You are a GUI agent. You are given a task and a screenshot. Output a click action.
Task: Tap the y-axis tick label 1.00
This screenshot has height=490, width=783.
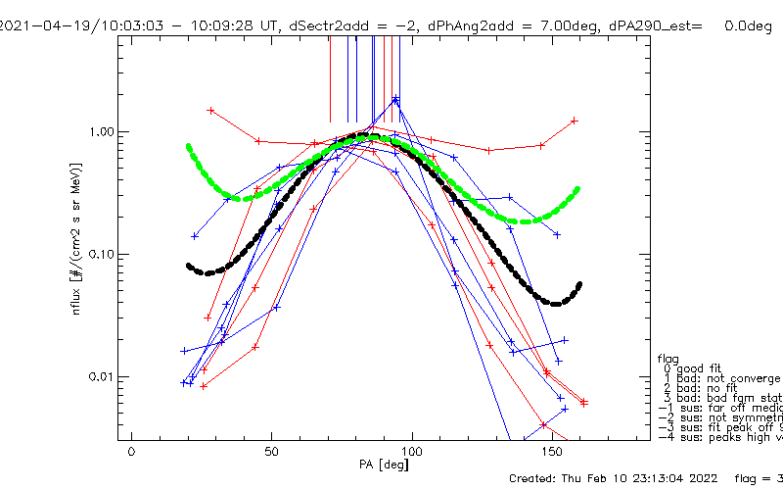[101, 131]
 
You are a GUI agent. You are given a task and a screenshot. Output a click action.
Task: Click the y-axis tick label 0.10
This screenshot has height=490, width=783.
[101, 254]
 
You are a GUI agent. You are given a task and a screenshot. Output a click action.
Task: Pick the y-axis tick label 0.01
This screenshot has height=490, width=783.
[101, 376]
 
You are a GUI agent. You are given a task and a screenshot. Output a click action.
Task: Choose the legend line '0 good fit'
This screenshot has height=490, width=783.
[705, 368]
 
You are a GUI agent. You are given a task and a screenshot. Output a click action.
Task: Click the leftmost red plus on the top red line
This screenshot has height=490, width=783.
[210, 110]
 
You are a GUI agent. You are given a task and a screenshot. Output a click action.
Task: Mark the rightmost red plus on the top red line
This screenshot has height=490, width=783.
[575, 121]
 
